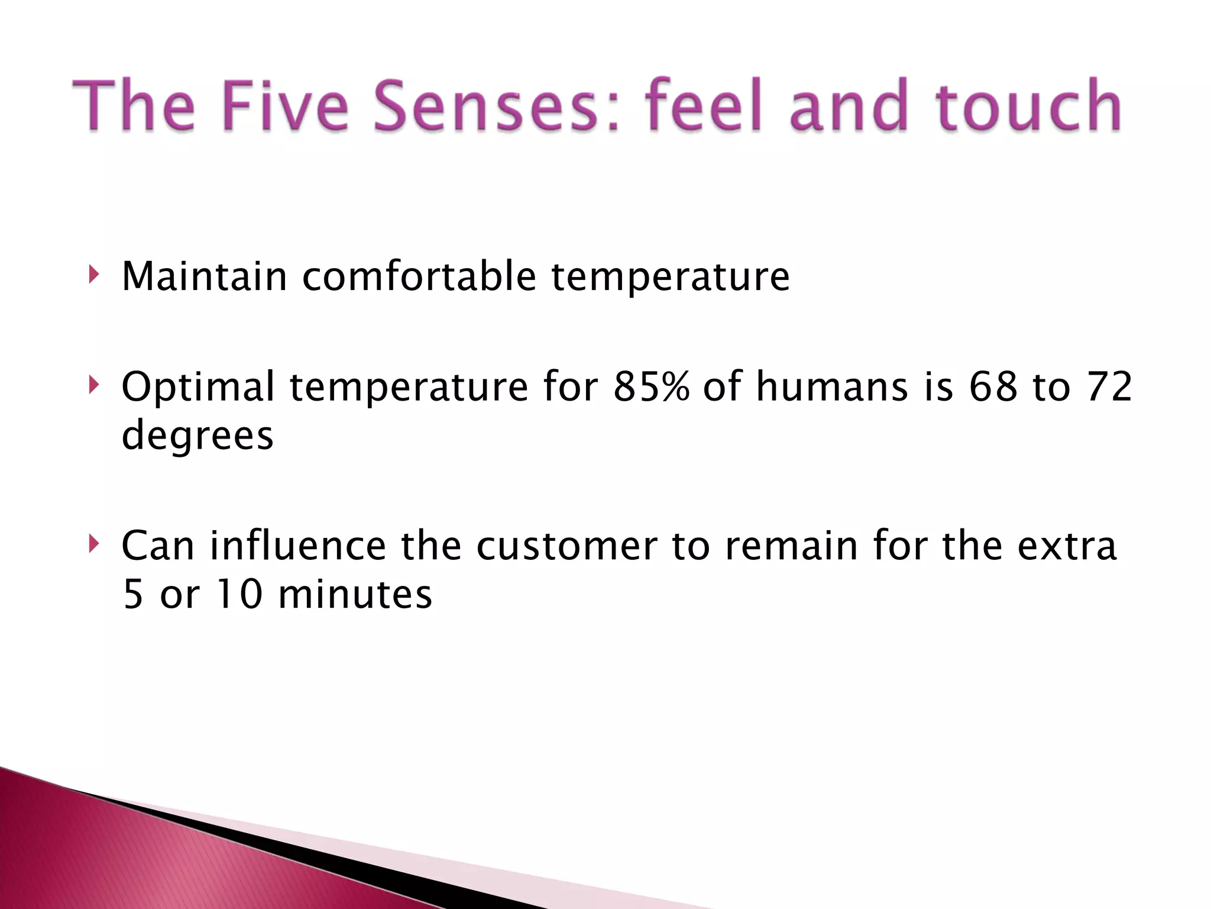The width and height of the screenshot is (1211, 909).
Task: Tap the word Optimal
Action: tap(198, 386)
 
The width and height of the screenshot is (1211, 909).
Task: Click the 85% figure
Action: tap(651, 386)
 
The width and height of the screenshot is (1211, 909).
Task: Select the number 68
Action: tap(993, 386)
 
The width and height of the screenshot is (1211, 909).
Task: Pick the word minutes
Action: tap(355, 594)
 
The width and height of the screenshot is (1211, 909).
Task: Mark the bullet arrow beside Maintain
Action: tap(93, 275)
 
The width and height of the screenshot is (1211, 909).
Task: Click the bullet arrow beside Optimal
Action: tap(93, 385)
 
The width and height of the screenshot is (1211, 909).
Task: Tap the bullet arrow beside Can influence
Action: tap(93, 544)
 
